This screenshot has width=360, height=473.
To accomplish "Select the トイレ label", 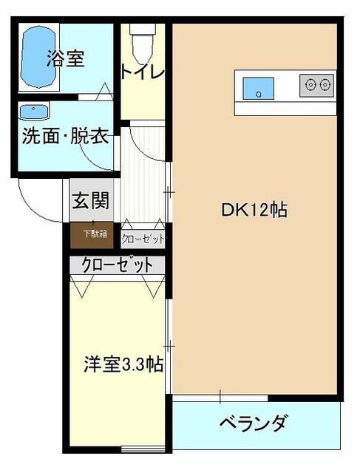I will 142,72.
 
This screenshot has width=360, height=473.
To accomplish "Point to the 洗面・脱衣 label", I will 65,137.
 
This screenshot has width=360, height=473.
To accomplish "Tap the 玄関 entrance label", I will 91,200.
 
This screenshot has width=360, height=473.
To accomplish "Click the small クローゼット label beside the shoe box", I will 143,239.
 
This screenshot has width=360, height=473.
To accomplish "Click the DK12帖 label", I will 254,210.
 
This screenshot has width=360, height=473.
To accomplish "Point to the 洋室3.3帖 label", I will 123,364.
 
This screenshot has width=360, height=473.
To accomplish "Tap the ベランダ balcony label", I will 254,425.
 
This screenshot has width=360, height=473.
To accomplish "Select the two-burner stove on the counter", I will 317,85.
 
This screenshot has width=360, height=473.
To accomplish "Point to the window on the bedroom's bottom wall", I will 142,449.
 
